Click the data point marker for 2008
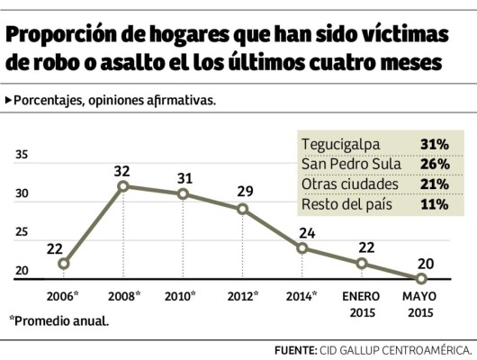coord(123,186)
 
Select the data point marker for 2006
coord(63,264)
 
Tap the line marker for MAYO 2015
coord(421,278)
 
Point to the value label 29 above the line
coord(243,192)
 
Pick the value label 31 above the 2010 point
coord(183,177)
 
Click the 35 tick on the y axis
coord(23,155)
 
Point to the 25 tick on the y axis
coord(23,232)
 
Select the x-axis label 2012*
coord(243,295)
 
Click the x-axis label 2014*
coord(303,295)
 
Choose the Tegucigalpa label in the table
coord(341,144)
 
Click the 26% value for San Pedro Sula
coord(435,164)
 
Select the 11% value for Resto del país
coord(435,203)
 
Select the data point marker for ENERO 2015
coord(361,263)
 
